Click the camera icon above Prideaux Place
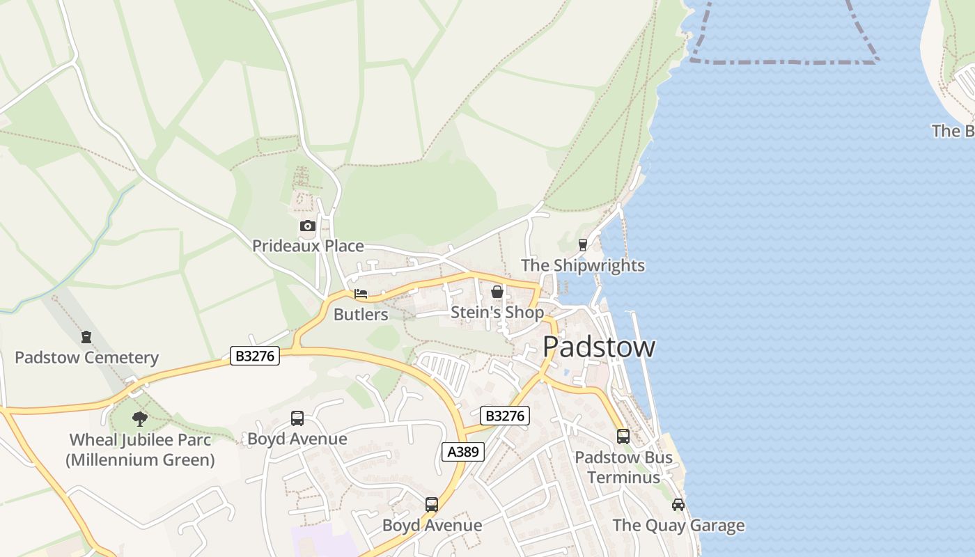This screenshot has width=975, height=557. coord(307,226)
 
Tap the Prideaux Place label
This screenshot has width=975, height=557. coord(308,246)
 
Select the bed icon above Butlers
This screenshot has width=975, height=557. coord(361,294)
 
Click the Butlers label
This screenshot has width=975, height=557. coord(361,314)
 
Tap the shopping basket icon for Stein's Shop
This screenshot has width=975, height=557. coord(497,292)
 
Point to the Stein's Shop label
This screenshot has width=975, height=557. coord(497,313)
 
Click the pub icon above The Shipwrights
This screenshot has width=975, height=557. coord(583,244)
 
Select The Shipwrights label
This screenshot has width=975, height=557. coord(583,265)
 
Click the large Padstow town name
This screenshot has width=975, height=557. coord(598,347)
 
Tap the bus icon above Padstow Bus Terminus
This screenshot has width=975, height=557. coord(623,437)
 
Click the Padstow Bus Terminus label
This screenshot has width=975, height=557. coord(623,467)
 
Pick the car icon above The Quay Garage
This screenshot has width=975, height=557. coord(678,504)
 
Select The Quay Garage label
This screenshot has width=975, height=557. coord(678,526)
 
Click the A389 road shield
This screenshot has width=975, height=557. coord(463,452)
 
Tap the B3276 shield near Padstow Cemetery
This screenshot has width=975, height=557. coord(255,356)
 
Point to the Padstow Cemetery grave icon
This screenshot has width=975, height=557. coord(86,337)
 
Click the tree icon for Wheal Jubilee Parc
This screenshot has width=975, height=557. coord(140,419)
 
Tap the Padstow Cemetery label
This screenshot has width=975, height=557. coord(87,358)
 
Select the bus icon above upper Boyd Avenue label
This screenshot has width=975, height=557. coord(297,418)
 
